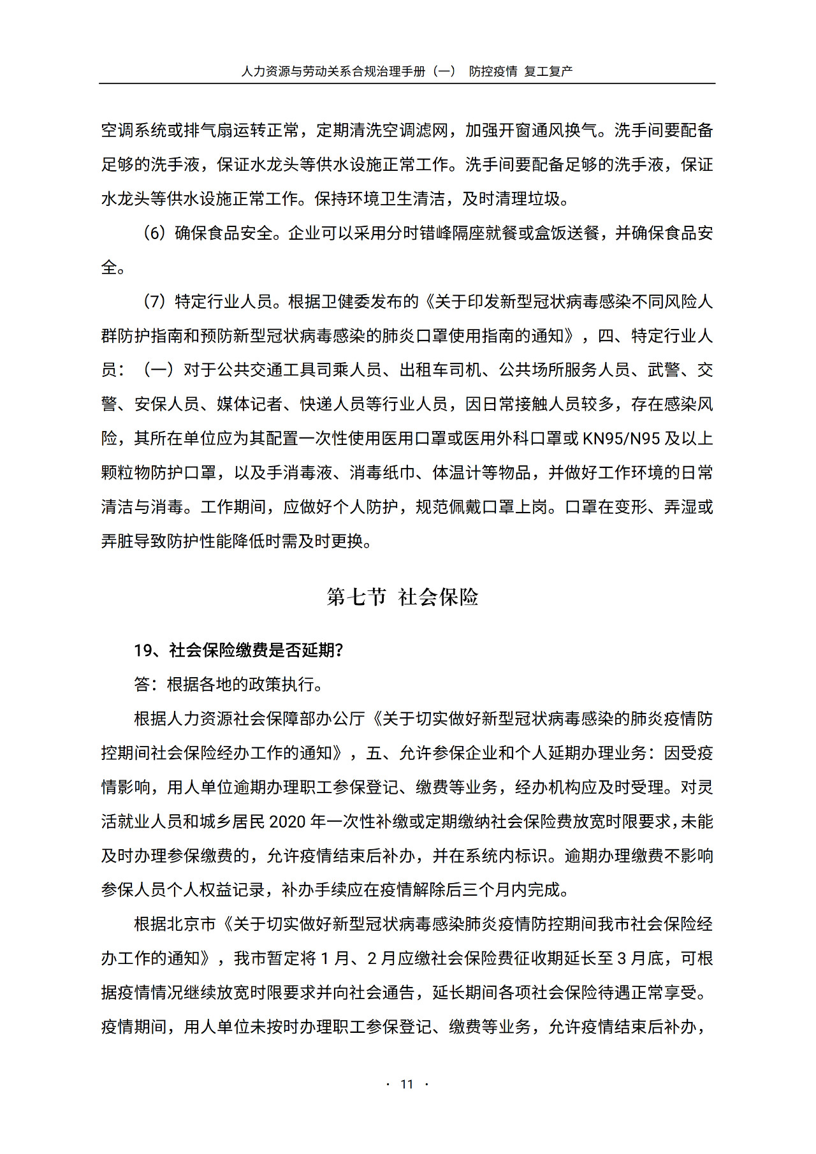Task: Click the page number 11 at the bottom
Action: (407, 1085)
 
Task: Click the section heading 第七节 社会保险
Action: (402, 597)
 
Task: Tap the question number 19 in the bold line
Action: (143, 650)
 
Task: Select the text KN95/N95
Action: (621, 439)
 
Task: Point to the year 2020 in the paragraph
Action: (288, 822)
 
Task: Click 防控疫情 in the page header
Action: (493, 71)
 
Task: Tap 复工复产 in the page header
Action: (548, 71)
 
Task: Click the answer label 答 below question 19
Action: (142, 685)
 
